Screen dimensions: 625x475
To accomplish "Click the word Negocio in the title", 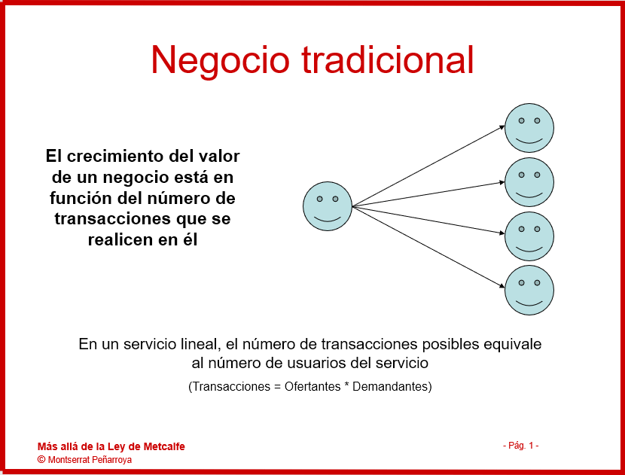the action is [221, 60].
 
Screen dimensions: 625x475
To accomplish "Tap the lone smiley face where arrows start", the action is [328, 206].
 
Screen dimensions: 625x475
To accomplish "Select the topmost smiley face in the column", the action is [529, 128].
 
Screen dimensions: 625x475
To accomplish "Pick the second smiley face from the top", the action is [529, 182].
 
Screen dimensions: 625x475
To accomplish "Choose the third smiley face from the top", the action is [529, 236].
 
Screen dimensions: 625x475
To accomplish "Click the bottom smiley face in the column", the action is [529, 290].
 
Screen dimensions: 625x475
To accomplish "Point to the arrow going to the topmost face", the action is [428, 166].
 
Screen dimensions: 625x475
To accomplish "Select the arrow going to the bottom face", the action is [428, 247].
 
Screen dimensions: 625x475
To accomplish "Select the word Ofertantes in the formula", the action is [312, 386].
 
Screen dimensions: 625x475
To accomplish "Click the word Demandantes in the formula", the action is [390, 386].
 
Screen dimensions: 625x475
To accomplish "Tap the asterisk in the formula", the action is [347, 385].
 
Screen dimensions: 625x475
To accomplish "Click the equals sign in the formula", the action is [277, 386].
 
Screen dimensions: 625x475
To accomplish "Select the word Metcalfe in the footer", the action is [164, 446].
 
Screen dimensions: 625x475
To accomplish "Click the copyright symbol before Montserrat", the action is [41, 459].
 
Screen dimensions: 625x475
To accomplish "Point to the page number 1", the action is [531, 446].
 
